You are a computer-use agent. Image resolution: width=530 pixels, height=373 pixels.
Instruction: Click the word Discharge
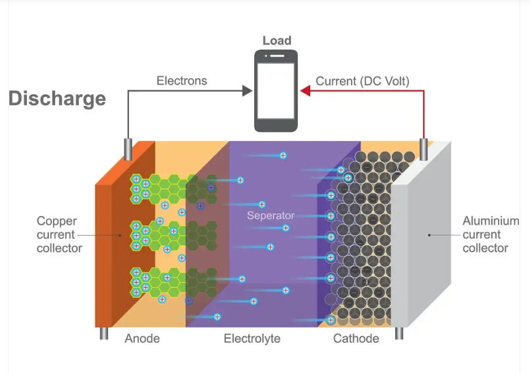click(x=57, y=98)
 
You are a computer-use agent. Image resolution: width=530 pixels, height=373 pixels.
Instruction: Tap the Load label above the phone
click(x=276, y=40)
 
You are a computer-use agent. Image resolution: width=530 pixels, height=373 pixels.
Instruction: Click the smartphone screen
click(x=276, y=90)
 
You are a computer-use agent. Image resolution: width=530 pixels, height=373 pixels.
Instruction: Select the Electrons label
click(x=181, y=81)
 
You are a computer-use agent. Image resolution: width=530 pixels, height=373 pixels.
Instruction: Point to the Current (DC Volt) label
click(x=363, y=81)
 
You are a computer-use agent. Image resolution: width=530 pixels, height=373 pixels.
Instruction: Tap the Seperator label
click(x=271, y=216)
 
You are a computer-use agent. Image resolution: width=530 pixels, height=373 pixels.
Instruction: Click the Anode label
click(x=142, y=338)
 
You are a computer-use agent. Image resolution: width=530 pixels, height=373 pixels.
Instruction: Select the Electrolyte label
click(x=252, y=338)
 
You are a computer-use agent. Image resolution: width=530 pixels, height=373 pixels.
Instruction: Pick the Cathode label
click(x=356, y=338)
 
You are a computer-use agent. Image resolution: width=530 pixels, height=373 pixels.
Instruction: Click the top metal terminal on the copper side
click(x=127, y=150)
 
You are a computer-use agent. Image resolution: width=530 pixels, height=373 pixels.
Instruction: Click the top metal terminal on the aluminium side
click(x=424, y=150)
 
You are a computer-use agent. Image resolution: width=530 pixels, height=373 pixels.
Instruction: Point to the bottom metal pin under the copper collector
click(x=103, y=333)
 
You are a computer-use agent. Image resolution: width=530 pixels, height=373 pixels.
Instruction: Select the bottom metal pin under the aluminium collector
click(x=400, y=333)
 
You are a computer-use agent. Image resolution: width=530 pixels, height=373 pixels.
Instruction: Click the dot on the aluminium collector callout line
click(x=429, y=235)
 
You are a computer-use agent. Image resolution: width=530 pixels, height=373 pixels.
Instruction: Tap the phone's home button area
click(x=276, y=124)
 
